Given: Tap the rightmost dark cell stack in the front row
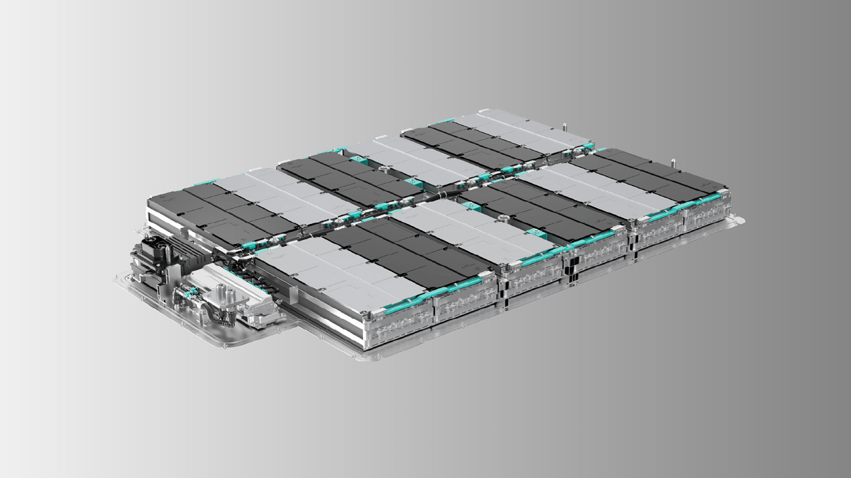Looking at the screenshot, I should click(x=647, y=176).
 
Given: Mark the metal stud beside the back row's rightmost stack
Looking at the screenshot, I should click(x=565, y=125).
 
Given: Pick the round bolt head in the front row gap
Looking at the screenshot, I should click(x=503, y=216).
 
